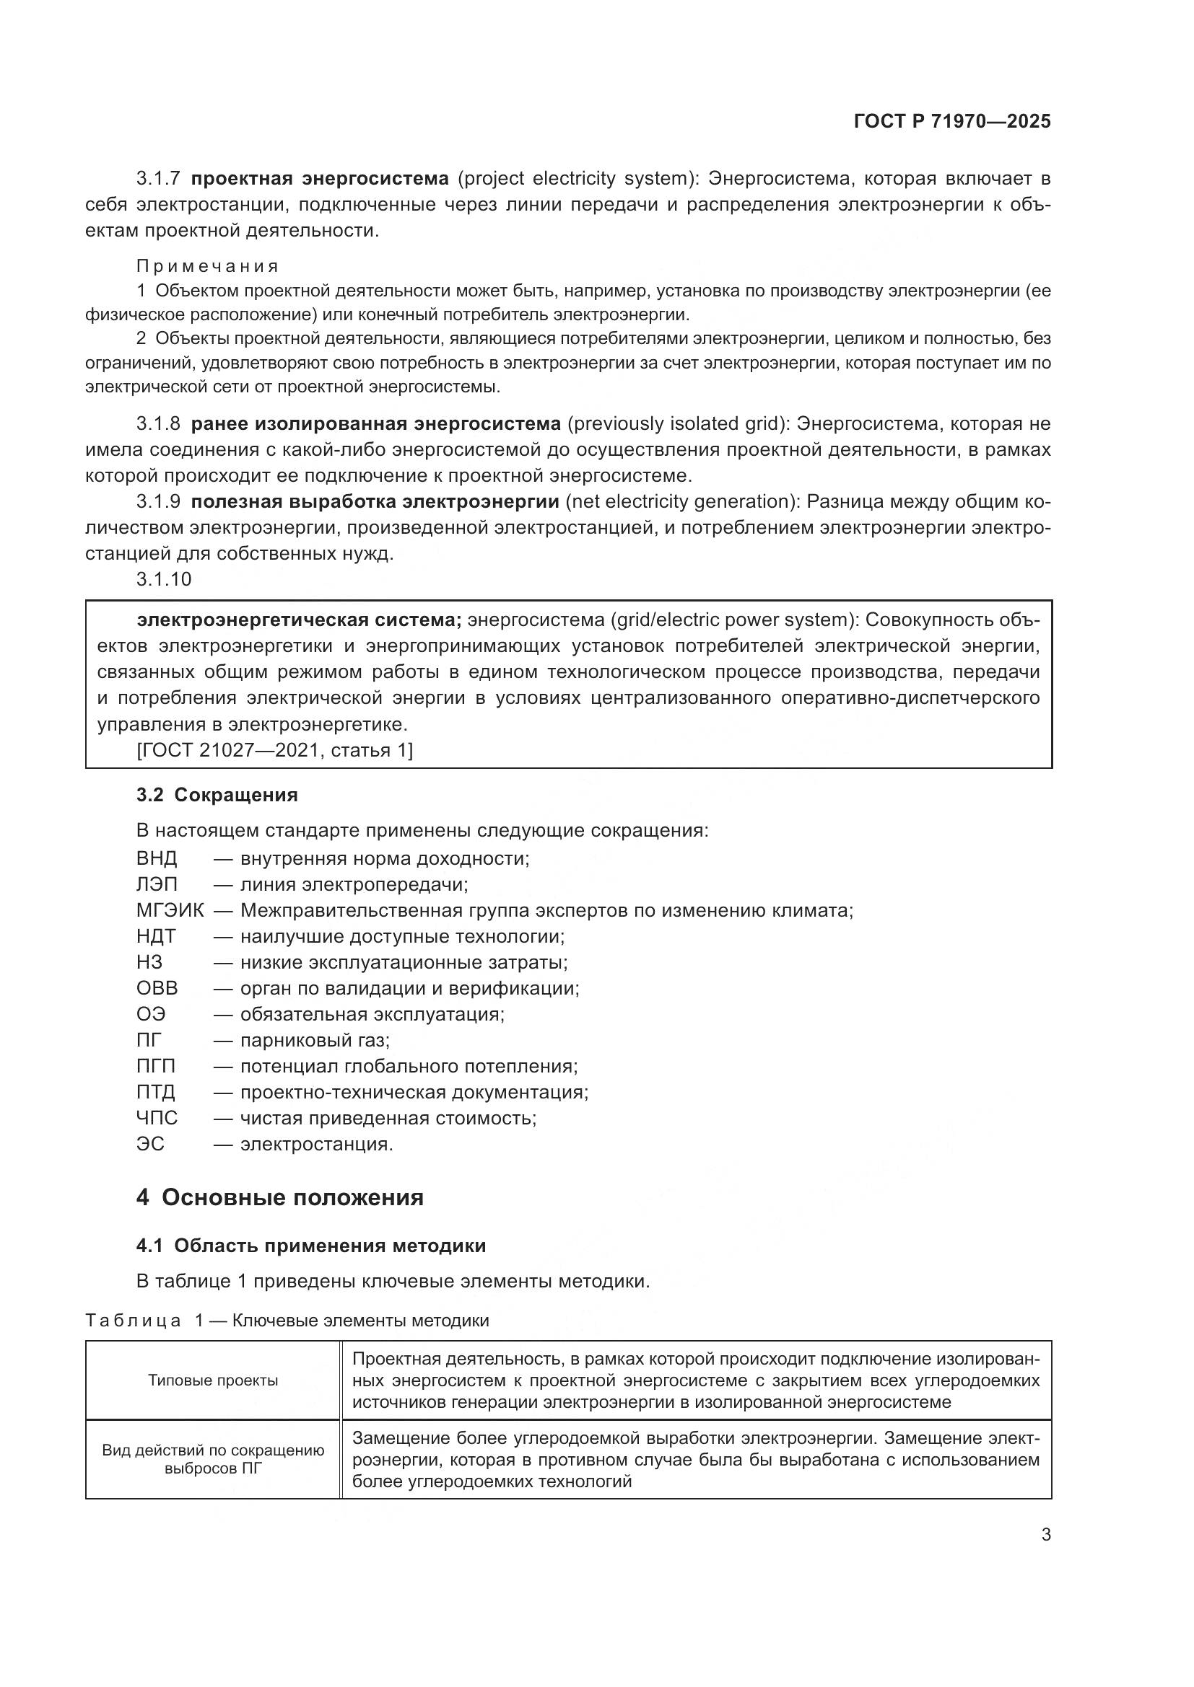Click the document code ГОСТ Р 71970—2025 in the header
[x=952, y=122]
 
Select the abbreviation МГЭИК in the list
[x=170, y=911]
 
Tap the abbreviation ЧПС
[x=157, y=1119]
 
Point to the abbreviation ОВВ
[x=157, y=988]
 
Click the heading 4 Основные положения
[x=279, y=1198]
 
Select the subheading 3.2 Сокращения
[x=217, y=795]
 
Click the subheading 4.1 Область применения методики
[x=311, y=1246]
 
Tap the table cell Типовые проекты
[x=213, y=1380]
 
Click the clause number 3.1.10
[x=164, y=580]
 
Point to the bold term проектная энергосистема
[x=320, y=179]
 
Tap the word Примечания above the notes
[x=207, y=266]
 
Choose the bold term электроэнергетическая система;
[x=300, y=620]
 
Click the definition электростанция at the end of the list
[x=316, y=1145]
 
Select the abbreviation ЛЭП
[x=157, y=885]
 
